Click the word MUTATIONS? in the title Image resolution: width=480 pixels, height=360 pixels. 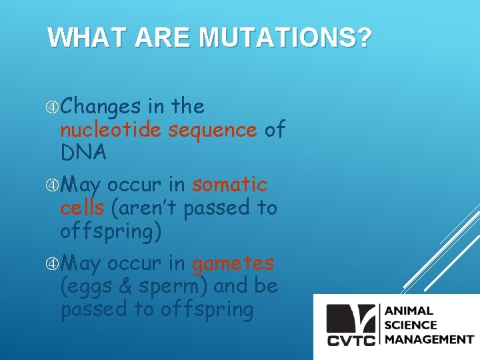pos(285,38)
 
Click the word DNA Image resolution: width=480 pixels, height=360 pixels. pos(83,153)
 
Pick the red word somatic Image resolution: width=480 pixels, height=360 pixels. pos(229,185)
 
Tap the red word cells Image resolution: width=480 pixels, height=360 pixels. pos(82,207)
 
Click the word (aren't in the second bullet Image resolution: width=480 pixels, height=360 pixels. pos(144,207)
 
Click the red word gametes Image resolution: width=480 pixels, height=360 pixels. pos(233,263)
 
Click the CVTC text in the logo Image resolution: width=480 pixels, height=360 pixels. pos(352,340)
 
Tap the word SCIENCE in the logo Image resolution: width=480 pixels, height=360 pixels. pos(410,325)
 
